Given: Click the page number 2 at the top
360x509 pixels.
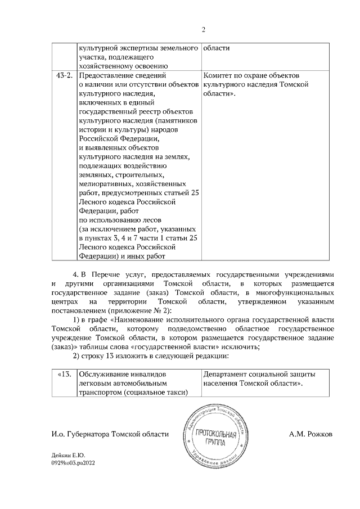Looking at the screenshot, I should [204, 30].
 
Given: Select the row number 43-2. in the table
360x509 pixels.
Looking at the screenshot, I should [62, 75].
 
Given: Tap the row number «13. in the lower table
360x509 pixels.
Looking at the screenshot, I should [64, 374].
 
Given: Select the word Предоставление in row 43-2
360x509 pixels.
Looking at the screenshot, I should [107, 75].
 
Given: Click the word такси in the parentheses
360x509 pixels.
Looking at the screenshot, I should [174, 393].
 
